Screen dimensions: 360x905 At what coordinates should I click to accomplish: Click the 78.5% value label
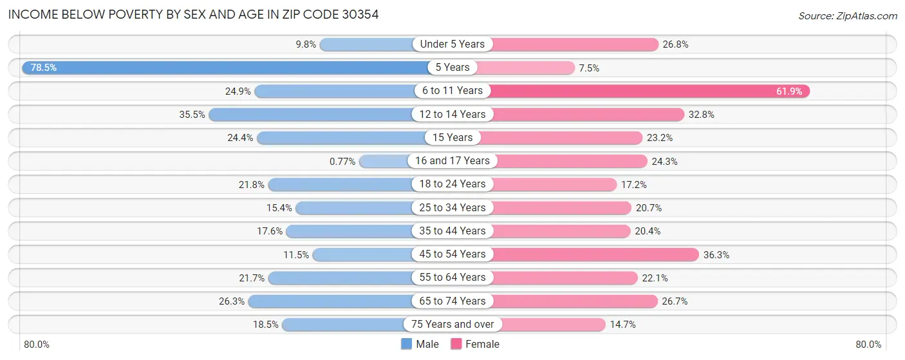click(44, 68)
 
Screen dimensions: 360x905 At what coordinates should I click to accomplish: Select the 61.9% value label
click(788, 91)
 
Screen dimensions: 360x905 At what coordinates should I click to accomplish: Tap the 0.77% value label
click(342, 161)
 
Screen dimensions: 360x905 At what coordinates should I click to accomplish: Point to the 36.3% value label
click(716, 254)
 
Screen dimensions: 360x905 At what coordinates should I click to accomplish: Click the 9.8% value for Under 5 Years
click(306, 44)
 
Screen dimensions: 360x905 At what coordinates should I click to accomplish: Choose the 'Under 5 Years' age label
click(452, 44)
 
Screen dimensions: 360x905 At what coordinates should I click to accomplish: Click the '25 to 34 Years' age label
click(452, 207)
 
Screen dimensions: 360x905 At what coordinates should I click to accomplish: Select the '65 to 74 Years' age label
click(452, 301)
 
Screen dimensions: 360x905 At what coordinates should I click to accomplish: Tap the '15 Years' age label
click(452, 138)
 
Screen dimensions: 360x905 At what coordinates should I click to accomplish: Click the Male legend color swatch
click(406, 345)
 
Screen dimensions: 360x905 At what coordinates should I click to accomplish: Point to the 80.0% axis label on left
click(37, 345)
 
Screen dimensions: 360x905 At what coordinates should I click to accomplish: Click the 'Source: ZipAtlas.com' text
click(846, 15)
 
